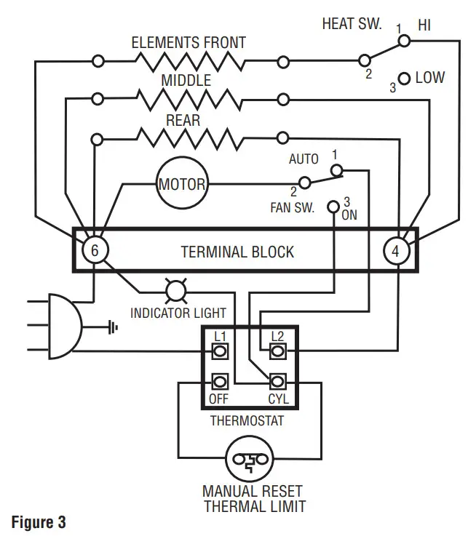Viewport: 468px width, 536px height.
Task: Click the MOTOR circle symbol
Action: click(182, 184)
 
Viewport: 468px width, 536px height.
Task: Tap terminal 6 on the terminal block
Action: click(94, 251)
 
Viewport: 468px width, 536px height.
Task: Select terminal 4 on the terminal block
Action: click(396, 251)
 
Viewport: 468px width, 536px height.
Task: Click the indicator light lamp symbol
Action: click(176, 291)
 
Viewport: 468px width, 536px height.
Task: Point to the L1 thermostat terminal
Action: click(219, 351)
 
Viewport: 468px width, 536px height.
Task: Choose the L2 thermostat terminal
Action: click(277, 351)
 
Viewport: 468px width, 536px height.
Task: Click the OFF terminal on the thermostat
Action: click(219, 381)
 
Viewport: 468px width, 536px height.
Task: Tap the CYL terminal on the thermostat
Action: click(277, 381)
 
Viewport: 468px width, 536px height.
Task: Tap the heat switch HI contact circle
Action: click(405, 41)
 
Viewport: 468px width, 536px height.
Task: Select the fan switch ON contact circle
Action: click(333, 207)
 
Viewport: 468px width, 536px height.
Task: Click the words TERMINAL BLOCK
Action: click(237, 252)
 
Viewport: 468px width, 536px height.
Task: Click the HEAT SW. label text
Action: click(352, 23)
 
